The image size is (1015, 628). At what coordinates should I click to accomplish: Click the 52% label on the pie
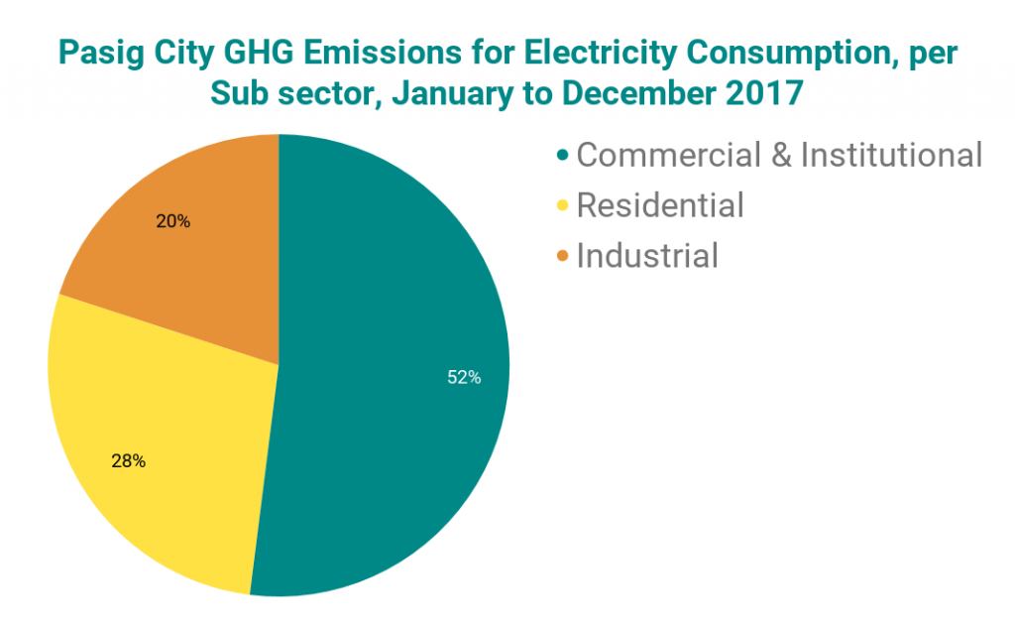click(464, 378)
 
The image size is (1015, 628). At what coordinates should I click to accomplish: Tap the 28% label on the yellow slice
click(129, 460)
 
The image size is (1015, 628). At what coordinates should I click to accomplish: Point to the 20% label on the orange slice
click(173, 221)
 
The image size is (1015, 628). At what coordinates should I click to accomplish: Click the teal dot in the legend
click(563, 156)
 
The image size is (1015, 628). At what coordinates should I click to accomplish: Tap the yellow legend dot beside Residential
click(563, 206)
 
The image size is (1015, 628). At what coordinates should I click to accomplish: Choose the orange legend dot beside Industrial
click(563, 257)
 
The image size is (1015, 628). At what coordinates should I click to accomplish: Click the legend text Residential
click(659, 205)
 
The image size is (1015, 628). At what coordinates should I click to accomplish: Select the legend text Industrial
click(646, 256)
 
